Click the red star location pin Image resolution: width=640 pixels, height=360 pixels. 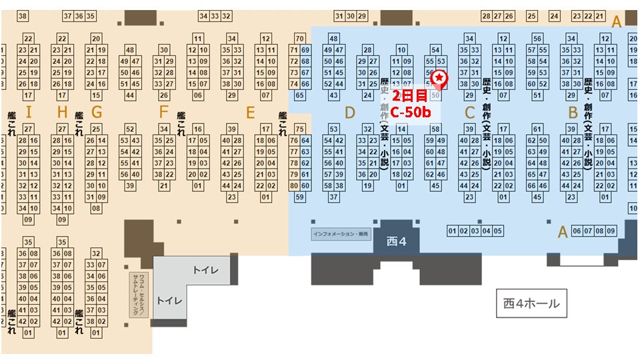coord(440,79)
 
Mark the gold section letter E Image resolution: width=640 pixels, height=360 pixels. coord(250,113)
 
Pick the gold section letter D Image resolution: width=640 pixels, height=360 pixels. coord(350,113)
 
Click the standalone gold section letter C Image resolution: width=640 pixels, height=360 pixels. coord(469,113)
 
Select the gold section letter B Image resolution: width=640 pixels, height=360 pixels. coord(572,113)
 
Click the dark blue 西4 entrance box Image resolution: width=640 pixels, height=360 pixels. coord(396,241)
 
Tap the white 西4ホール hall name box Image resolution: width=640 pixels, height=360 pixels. coord(531,305)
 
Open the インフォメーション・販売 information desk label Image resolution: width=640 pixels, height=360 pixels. coord(340,235)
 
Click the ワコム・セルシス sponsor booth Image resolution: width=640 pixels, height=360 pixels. coord(139,294)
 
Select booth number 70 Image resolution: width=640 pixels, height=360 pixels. coord(300,39)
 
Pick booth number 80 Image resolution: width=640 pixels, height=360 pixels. coord(295,186)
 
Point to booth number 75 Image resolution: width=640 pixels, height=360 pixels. coord(300,129)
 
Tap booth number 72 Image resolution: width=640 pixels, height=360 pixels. coord(295,61)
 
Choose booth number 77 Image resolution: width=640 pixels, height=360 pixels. coord(295,152)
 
